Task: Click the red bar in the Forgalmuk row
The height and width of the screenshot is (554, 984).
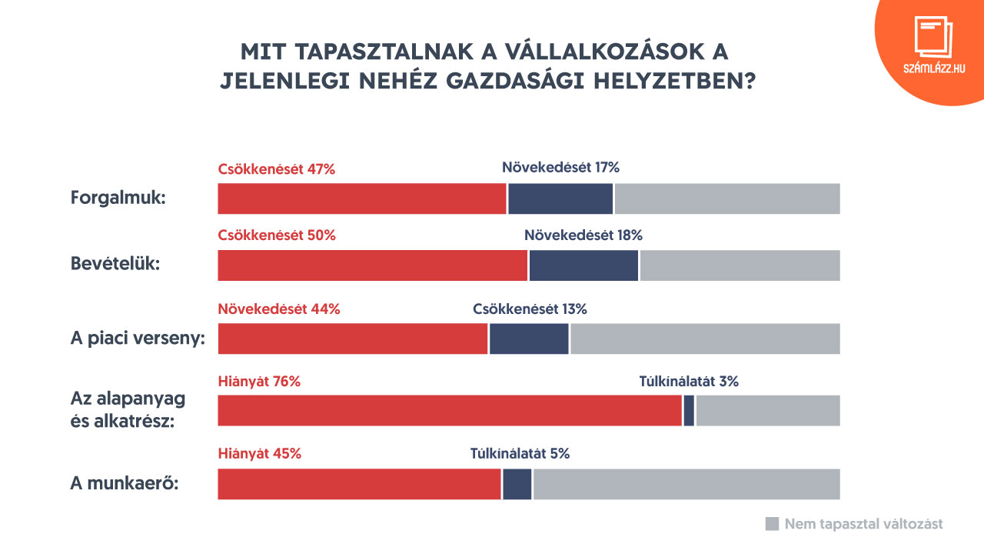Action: pos(362,199)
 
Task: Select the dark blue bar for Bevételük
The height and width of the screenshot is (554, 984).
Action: pos(583,265)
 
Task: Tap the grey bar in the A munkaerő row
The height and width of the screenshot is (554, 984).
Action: pos(686,484)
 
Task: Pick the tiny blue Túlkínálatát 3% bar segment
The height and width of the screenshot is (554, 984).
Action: pos(689,410)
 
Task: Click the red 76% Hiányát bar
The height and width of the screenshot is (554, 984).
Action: pos(450,410)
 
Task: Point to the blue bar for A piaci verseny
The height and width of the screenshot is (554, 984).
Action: pos(529,339)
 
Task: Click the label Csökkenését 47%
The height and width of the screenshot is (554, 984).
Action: pos(277,169)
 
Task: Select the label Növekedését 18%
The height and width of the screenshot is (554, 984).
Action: pos(583,235)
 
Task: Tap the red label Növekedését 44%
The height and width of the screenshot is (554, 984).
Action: pos(278,309)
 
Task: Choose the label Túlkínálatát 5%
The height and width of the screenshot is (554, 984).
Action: pos(520,454)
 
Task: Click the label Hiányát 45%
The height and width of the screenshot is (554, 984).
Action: pos(259,454)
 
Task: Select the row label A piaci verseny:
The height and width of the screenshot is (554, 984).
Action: pos(138,339)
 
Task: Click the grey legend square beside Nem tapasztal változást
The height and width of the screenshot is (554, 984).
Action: pos(773,524)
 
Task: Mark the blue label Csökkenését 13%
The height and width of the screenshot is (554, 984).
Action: pos(530,309)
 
